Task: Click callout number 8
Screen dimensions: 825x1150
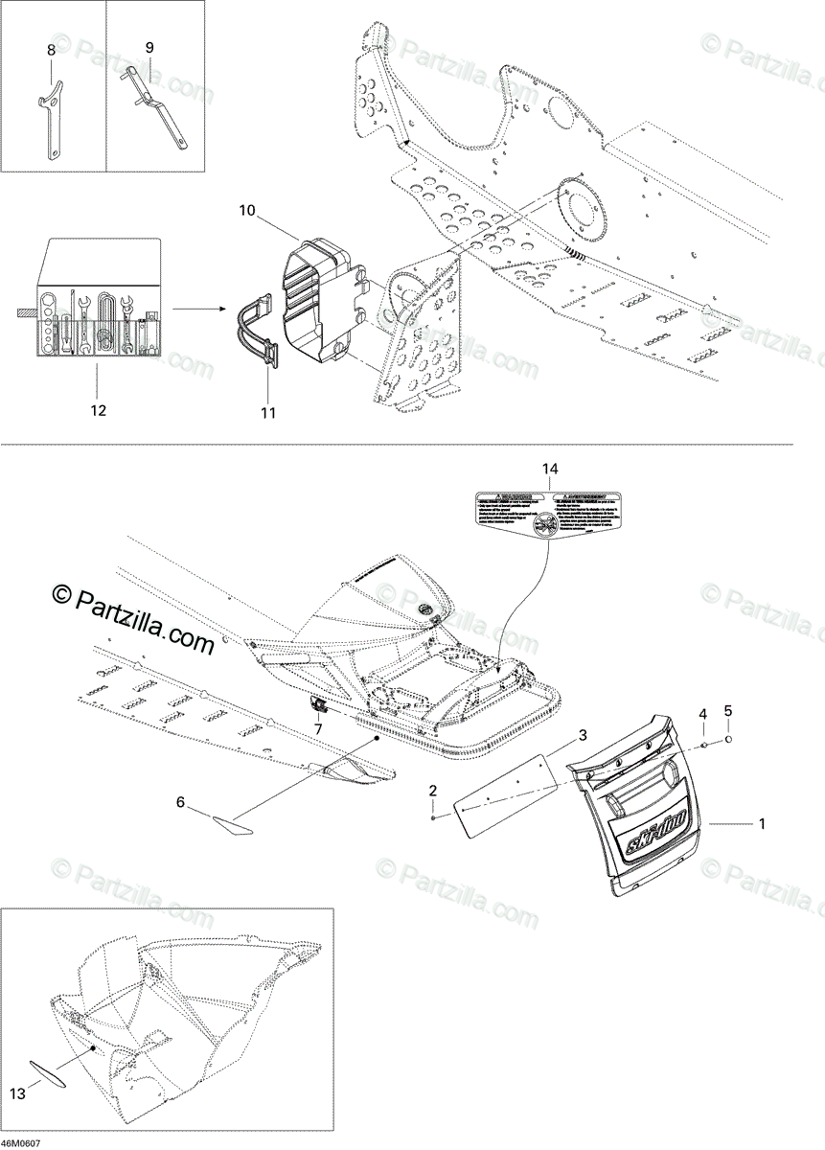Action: click(x=52, y=47)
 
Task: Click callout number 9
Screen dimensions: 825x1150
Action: click(x=149, y=46)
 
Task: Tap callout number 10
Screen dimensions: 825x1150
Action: click(x=246, y=211)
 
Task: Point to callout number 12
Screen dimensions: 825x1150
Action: click(x=98, y=410)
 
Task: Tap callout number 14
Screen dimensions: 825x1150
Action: click(x=549, y=469)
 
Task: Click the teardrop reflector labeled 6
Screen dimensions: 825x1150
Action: click(x=231, y=823)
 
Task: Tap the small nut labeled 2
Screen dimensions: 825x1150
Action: click(x=434, y=816)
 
